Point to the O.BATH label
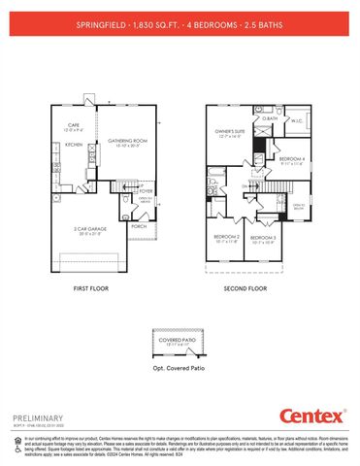(x=270, y=118)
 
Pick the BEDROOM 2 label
(x=226, y=236)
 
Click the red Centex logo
(x=313, y=416)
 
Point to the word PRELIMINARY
(x=38, y=416)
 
